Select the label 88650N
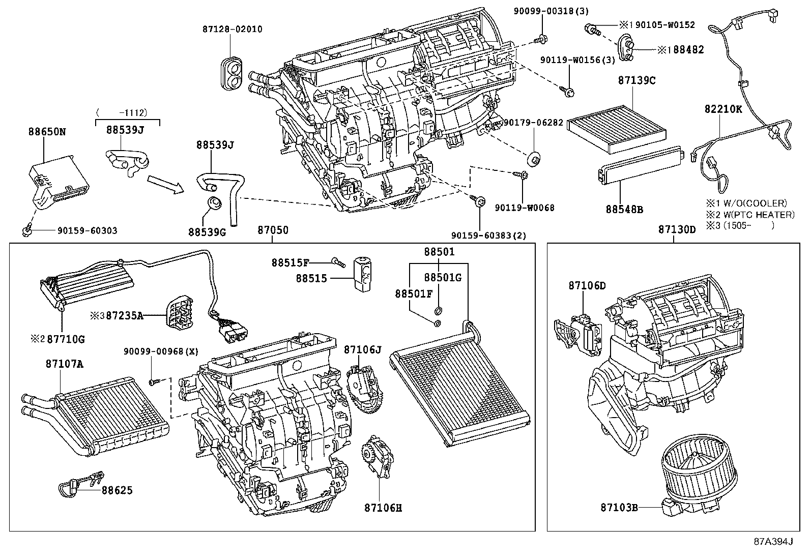pyautogui.click(x=47, y=132)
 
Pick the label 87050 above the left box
pyautogui.click(x=272, y=230)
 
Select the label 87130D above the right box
pyautogui.click(x=677, y=230)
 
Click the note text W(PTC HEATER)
pyautogui.click(x=756, y=215)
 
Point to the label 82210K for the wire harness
pyautogui.click(x=723, y=109)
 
